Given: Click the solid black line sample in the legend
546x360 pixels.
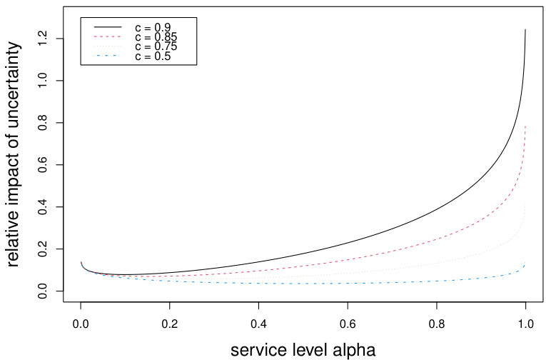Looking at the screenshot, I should click(x=104, y=26).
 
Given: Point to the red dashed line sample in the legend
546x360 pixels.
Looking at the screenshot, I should click(x=104, y=36).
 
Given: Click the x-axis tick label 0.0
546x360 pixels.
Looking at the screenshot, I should click(x=81, y=323).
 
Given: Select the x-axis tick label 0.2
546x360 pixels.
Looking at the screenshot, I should click(x=170, y=323).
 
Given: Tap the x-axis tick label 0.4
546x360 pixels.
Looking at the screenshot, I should click(x=258, y=323).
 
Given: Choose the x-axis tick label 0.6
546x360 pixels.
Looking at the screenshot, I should click(x=348, y=323).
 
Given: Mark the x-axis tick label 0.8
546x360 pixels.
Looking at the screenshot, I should click(x=437, y=323).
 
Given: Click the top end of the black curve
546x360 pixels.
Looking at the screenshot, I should click(x=525, y=30).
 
